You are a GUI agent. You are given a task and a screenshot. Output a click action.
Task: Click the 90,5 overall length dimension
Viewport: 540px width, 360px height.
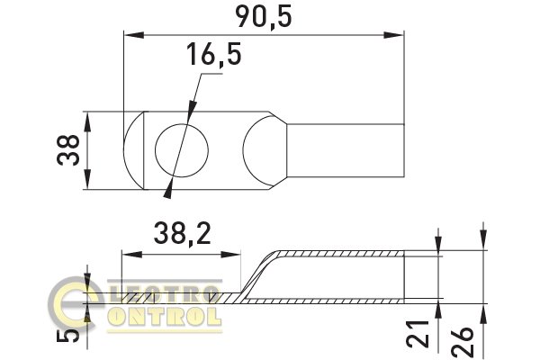(x=264, y=17)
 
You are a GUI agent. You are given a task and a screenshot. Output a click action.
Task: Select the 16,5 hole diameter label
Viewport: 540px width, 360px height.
(x=214, y=54)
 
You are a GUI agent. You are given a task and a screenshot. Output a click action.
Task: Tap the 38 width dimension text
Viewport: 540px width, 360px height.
(x=68, y=150)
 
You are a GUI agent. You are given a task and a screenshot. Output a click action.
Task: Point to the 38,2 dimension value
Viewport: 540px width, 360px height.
(x=182, y=233)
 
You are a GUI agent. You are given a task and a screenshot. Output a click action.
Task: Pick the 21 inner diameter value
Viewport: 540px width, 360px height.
(x=418, y=334)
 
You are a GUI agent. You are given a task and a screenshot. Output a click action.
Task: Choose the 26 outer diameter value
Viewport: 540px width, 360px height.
(x=463, y=341)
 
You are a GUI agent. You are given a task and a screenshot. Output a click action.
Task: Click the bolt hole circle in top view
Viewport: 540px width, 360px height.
(x=182, y=150)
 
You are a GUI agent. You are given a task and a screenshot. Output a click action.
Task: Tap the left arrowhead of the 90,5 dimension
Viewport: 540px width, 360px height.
(x=134, y=35)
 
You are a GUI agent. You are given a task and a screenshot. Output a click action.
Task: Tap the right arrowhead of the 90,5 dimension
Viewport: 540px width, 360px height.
(x=393, y=35)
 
